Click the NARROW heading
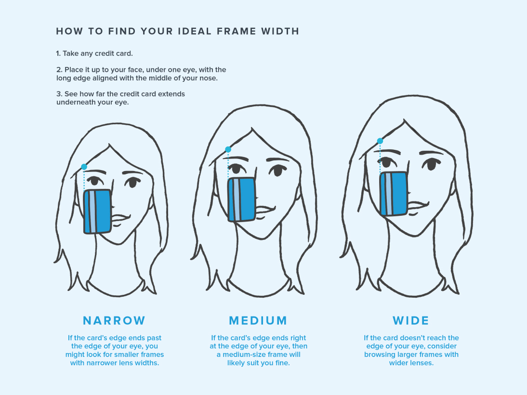114,320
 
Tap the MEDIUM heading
258,320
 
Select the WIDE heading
411,320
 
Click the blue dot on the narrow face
84,167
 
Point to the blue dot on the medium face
228,149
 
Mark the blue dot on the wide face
380,141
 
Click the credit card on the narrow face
97,211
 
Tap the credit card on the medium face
241,199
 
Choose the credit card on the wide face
394,194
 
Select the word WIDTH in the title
280,31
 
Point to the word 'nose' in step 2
210,78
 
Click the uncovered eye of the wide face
431,164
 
